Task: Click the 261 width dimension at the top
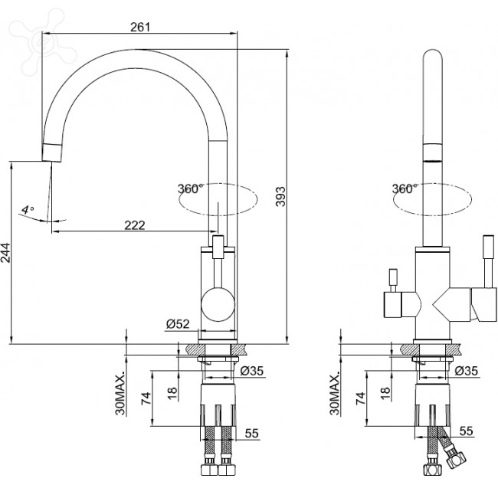tap(139, 27)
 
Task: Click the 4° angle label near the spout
tap(27, 208)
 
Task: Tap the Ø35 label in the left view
tap(252, 371)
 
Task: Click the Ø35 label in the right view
tap(467, 371)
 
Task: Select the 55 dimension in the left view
tap(251, 433)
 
